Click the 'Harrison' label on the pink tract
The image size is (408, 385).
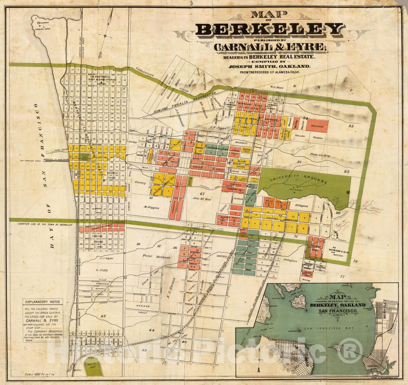click(x=317, y=126)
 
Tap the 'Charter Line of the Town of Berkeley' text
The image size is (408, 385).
click(x=45, y=225)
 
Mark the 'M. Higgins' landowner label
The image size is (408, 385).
click(x=151, y=208)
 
